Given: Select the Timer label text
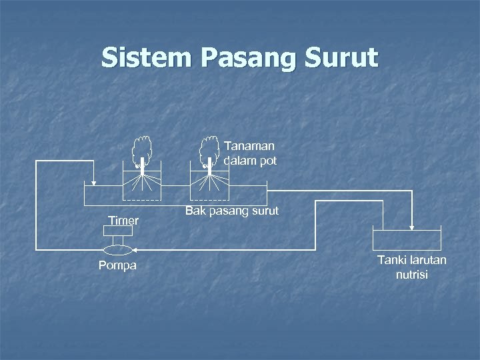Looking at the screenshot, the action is click(124, 221).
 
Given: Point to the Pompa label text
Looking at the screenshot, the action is click(117, 266).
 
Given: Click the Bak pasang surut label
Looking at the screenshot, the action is click(232, 211).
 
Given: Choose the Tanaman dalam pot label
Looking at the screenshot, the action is click(250, 153).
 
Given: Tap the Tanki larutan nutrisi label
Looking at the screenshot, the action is click(412, 267).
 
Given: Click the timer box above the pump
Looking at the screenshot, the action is click(118, 231).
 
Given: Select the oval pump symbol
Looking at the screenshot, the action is click(118, 249).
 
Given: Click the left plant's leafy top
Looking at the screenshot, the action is click(141, 148).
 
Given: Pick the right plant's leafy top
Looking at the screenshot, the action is click(210, 148).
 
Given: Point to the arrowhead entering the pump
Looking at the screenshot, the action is click(135, 249).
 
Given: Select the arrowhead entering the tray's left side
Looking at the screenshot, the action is click(94, 182).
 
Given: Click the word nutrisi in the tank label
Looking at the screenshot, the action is click(412, 274).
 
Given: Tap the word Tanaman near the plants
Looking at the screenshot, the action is click(250, 146).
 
